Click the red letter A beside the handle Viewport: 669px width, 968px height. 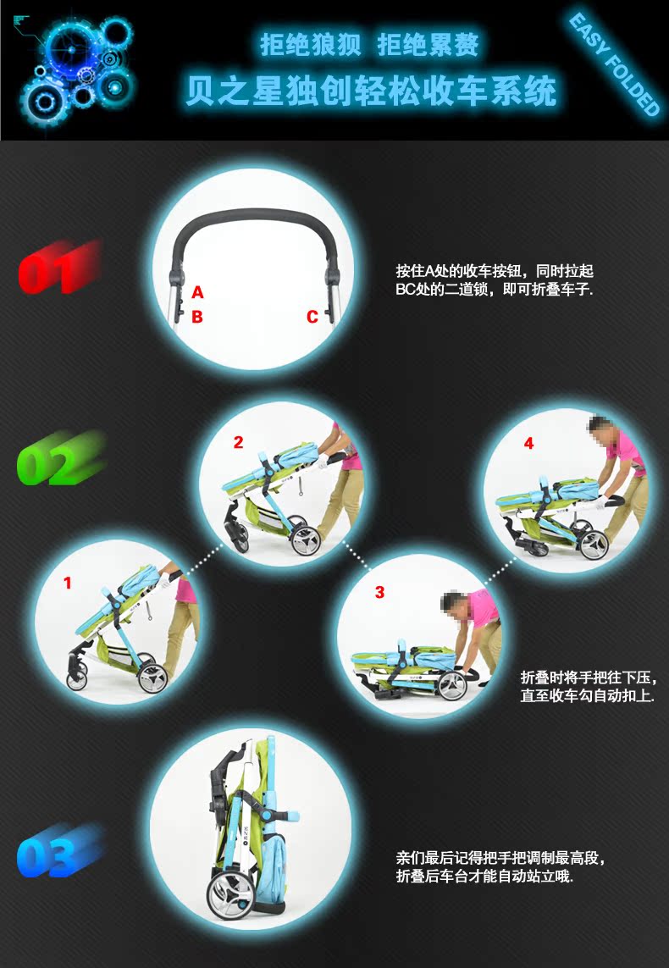coord(197,292)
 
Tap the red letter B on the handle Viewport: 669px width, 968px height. coord(197,317)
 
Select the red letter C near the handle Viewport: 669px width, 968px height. coord(312,317)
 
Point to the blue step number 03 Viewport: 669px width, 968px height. coord(59,850)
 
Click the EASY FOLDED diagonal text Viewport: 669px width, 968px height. coord(615,64)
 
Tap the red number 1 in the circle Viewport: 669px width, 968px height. coord(68,582)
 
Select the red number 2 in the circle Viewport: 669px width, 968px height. coord(239,442)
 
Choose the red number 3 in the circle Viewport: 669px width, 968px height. coord(379,592)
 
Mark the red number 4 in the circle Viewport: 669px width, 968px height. coord(528,443)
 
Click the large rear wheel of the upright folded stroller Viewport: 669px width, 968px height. coord(231,894)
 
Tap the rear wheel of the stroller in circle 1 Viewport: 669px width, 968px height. coord(152,678)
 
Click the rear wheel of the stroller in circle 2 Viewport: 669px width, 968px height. coord(306,539)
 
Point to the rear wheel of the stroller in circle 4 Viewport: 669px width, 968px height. coord(593,544)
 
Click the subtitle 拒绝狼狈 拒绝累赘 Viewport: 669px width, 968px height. coord(369,44)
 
